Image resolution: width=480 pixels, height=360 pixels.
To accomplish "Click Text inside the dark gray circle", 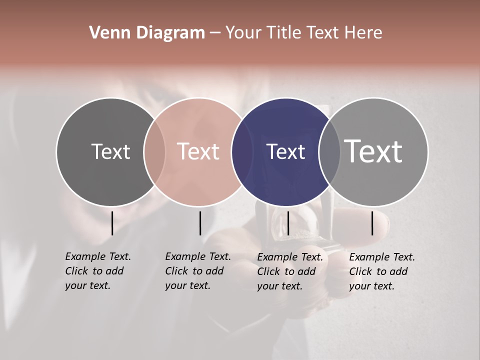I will pos(110,151).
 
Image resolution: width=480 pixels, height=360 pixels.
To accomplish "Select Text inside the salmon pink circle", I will pos(198,151).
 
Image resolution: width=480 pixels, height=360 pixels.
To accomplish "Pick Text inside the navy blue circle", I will pos(285,151).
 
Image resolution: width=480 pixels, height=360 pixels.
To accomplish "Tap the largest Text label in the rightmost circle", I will pos(373,151).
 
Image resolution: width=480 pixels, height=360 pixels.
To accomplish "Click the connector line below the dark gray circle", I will pos(112,223).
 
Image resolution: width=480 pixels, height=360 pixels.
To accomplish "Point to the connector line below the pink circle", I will pos(200,223).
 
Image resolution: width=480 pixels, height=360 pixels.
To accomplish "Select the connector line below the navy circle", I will pos(288,223).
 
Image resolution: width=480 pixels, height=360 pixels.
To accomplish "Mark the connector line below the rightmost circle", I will pos(372,223).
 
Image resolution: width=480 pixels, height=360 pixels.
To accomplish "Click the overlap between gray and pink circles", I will pos(154,151).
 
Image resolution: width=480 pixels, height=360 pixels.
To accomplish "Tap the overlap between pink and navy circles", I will pos(242,151).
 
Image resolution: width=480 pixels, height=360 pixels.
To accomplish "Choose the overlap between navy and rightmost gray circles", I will pos(329,151).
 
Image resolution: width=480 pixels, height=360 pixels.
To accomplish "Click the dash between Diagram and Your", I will pos(215,33).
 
